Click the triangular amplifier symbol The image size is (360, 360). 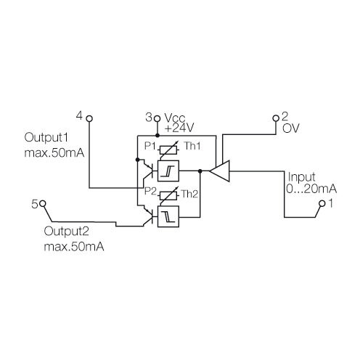pos(220,171)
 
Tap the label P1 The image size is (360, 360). pos(151,147)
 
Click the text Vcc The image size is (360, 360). pos(175,117)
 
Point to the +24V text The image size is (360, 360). pos(179,128)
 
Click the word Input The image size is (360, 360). pos(301,177)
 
